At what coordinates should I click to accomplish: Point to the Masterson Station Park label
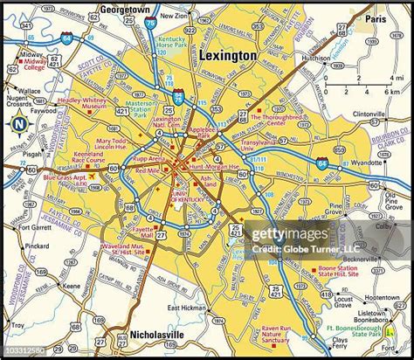[x=141, y=109]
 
